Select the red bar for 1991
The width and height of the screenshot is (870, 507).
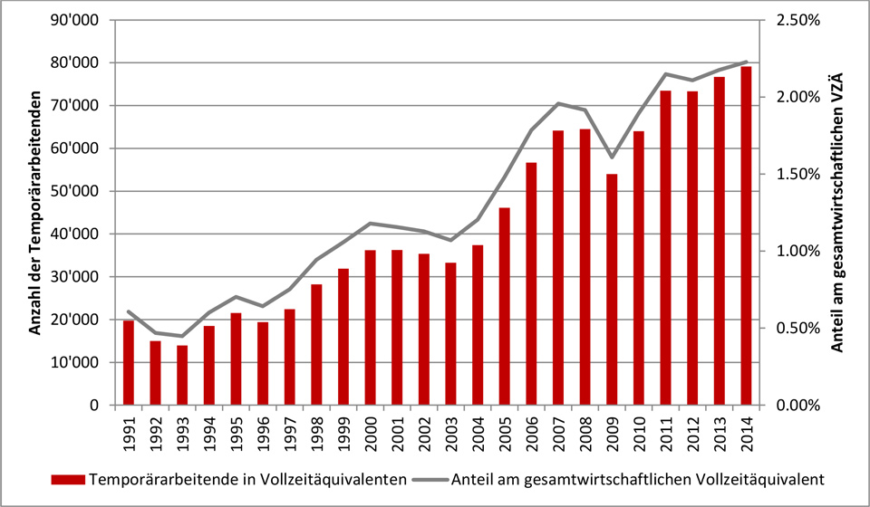point(128,362)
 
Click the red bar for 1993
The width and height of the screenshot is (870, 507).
point(182,375)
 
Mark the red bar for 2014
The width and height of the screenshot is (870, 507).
point(746,235)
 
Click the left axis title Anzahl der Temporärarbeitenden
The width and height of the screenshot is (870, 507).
point(34,213)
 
